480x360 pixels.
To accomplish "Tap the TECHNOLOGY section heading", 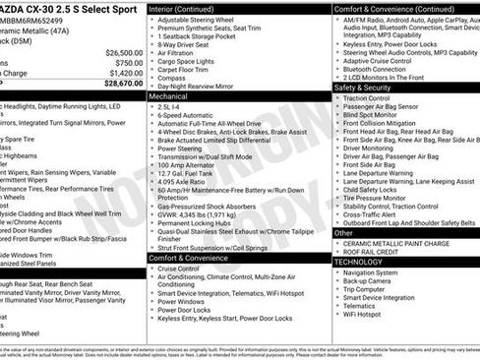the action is [357, 262].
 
